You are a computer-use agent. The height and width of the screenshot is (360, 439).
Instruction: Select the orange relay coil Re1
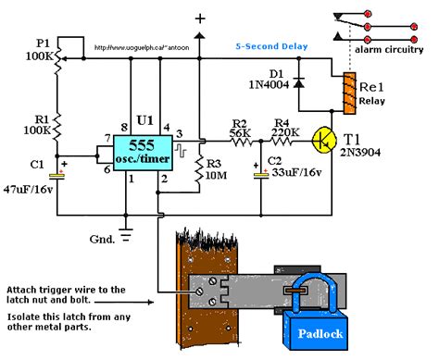tap(349, 93)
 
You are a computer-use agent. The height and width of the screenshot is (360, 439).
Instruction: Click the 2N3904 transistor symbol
tap(323, 140)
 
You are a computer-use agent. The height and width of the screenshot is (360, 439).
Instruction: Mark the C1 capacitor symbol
tap(57, 171)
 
